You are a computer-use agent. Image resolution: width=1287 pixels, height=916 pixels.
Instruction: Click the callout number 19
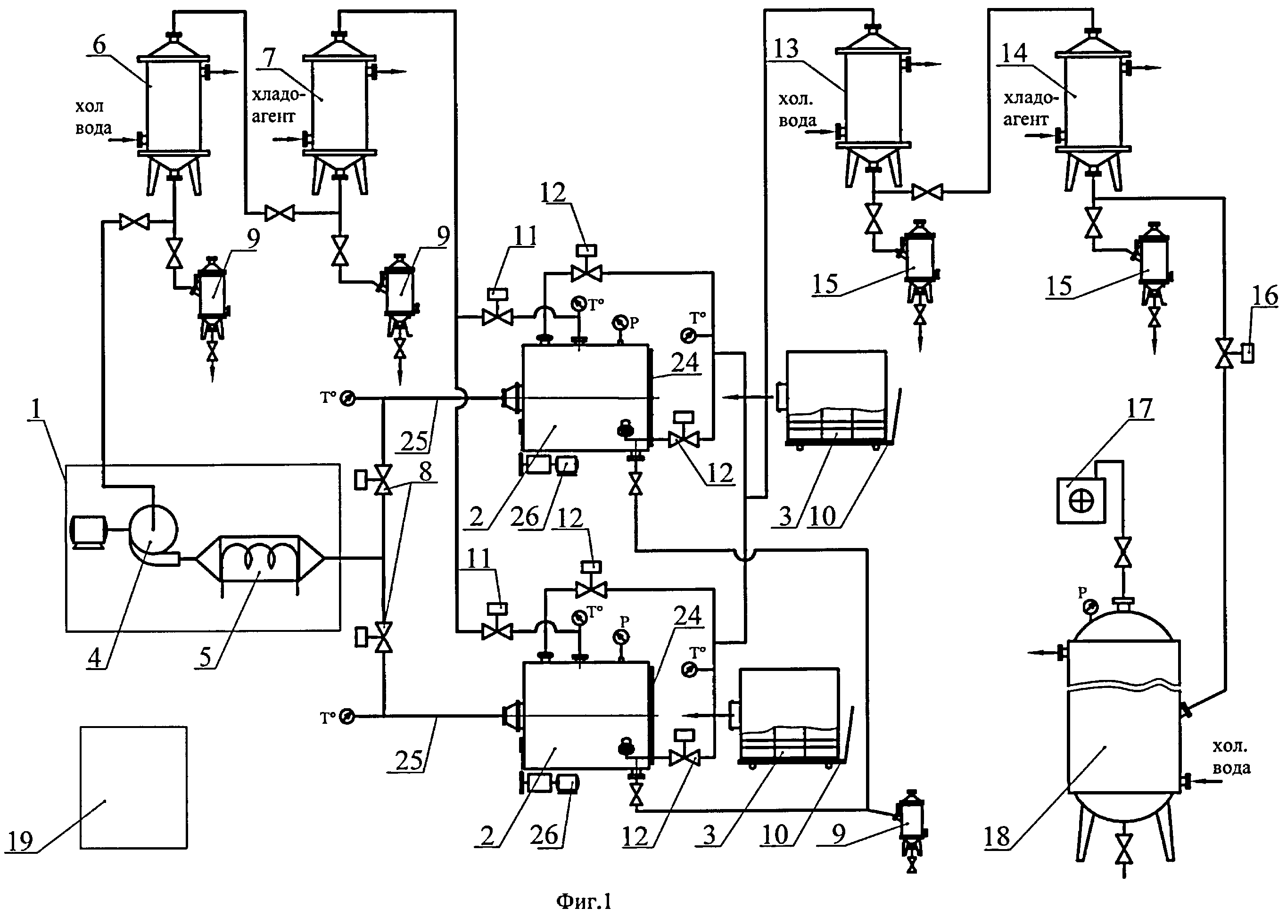pos(21,841)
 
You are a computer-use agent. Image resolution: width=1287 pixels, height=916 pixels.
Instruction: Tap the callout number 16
pos(1264,295)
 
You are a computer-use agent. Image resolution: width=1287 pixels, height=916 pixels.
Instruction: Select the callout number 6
pos(99,45)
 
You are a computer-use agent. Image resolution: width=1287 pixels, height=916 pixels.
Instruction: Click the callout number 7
pos(269,57)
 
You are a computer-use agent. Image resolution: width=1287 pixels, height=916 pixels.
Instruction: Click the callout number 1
pos(36,409)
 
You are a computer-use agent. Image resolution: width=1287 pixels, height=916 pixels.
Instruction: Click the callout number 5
pos(206,657)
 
